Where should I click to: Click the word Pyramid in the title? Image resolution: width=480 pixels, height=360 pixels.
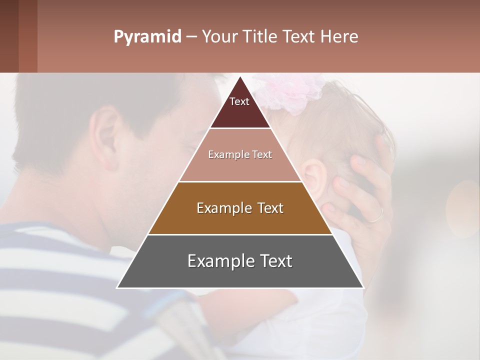click(x=147, y=37)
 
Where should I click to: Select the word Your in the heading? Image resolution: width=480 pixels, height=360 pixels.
click(x=219, y=37)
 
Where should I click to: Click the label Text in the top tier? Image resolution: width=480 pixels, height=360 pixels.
click(x=239, y=101)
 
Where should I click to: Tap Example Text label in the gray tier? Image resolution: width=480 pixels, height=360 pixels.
click(x=240, y=261)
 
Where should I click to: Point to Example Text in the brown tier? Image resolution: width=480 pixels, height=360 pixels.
click(x=240, y=208)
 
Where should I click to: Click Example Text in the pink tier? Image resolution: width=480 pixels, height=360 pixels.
click(x=240, y=154)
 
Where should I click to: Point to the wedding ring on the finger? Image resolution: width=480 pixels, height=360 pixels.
click(x=376, y=215)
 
